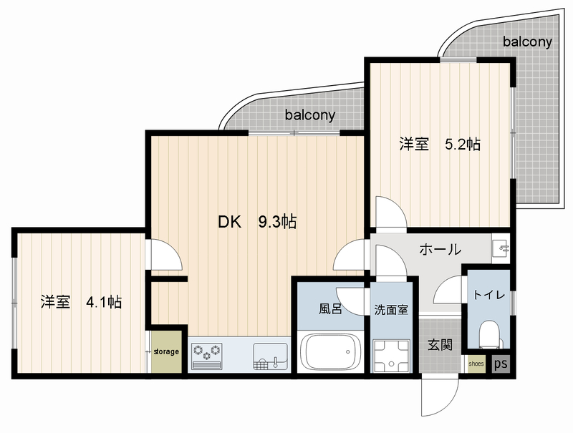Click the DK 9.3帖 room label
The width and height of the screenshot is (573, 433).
pos(257,222)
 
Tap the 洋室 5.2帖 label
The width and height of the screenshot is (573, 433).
pos(440,145)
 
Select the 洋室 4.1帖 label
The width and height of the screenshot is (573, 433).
pos(81,302)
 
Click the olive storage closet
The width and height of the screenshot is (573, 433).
pos(167,351)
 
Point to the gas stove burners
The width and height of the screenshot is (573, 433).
pos(207,355)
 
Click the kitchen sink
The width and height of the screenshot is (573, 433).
pos(271,356)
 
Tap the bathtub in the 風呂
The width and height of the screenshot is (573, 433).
pos(331,351)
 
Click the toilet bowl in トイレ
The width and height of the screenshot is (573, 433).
pos(488,334)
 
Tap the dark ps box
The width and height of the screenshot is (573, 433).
pos(501,364)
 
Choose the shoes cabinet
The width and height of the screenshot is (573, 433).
pos(476,364)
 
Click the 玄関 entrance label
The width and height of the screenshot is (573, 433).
pos(440,345)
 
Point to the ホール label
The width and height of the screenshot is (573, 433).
pos(440,250)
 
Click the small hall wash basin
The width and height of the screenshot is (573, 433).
pos(500,249)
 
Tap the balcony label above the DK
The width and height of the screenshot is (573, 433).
pos(310,115)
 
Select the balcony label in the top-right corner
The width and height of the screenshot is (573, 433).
pos(527,42)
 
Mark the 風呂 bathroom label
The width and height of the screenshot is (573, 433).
pos(330,309)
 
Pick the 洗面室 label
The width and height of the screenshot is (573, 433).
pos(391,310)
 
